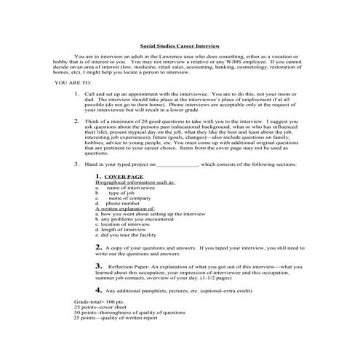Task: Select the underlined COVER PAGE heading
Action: click(x=123, y=197)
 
